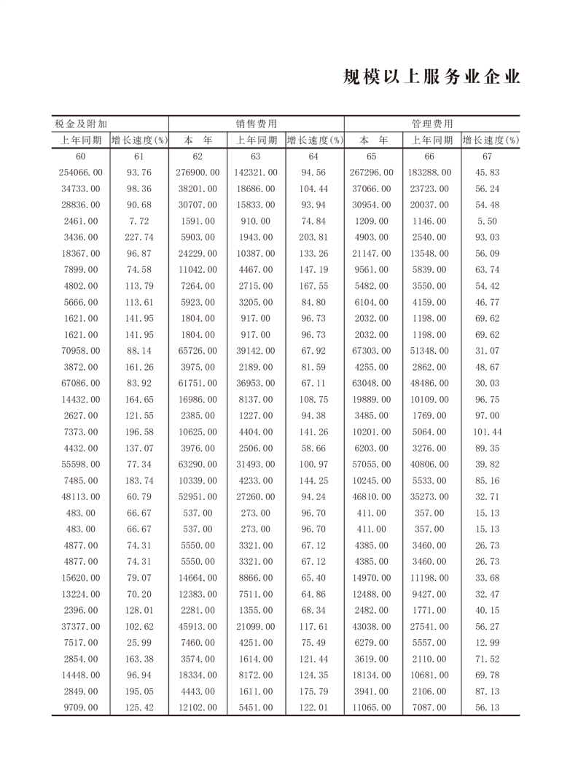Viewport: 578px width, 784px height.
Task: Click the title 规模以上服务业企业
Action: [x=431, y=78]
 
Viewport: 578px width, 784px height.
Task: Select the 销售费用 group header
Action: [x=256, y=124]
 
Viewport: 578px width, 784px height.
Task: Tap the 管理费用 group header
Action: [x=431, y=124]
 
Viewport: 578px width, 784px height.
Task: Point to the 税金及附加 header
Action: [x=82, y=124]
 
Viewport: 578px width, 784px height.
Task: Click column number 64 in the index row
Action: [x=314, y=157]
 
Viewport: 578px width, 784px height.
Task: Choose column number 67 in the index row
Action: [x=488, y=157]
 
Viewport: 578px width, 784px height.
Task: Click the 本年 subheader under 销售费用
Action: [x=198, y=140]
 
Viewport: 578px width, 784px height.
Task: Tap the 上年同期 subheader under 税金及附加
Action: [x=81, y=140]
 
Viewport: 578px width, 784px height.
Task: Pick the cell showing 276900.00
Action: [x=198, y=173]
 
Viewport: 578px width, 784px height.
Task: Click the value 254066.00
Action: [x=81, y=173]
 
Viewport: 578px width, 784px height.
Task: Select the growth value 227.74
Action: [x=139, y=237]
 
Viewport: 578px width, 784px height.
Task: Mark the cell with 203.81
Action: [x=314, y=237]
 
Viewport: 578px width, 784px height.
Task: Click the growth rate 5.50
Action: [x=488, y=221]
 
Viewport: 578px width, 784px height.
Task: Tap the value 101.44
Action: [x=488, y=432]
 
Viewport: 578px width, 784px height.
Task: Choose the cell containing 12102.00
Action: [x=198, y=707]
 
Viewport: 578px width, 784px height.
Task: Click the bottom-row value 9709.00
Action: [x=81, y=707]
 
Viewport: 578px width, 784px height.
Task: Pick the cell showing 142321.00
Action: [x=256, y=173]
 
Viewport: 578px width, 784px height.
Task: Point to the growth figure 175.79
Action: [x=314, y=690]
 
